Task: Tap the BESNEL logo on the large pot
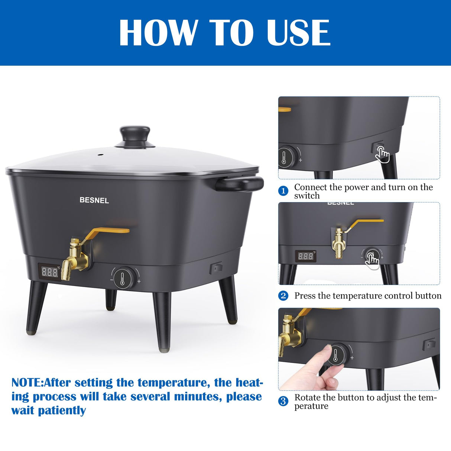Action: [x=94, y=200]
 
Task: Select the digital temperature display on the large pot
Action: [x=49, y=272]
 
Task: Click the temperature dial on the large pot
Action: [x=123, y=278]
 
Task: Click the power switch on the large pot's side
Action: [x=215, y=267]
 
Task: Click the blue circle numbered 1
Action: [x=283, y=191]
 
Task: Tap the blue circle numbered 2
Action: [x=283, y=296]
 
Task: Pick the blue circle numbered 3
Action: [x=283, y=401]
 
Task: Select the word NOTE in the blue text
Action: [x=27, y=382]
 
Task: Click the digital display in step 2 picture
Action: [x=306, y=256]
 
